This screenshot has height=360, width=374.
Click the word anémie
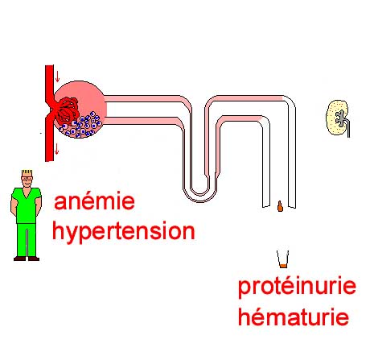94,201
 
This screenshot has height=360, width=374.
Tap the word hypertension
124,232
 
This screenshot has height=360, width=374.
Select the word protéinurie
297,287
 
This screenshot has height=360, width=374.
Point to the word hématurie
294,317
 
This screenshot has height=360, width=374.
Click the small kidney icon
337,118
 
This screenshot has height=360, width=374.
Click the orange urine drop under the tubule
280,206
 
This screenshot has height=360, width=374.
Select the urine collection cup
283,259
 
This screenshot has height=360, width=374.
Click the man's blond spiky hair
27,172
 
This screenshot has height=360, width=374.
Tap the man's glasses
27,178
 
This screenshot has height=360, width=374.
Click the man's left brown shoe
34,259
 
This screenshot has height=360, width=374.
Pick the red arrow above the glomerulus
57,77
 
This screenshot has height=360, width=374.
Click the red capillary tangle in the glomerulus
67,110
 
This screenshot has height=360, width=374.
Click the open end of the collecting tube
279,207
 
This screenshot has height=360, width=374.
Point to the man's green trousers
27,239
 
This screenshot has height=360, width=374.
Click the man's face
27,181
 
